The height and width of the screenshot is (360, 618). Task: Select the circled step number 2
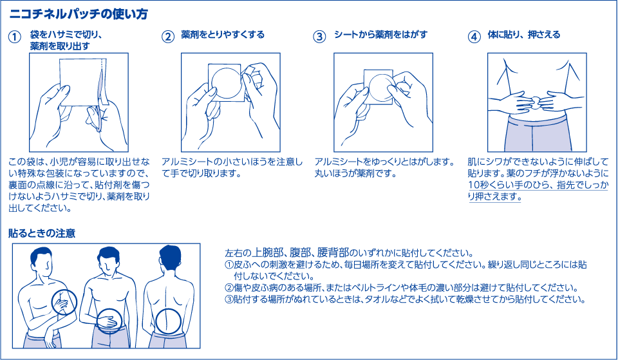click(167, 37)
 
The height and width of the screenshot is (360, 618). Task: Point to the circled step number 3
click(319, 37)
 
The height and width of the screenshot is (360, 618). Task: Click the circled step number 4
click(474, 37)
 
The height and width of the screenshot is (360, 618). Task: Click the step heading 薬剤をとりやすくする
click(223, 34)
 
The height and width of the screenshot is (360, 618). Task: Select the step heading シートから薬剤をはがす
click(380, 34)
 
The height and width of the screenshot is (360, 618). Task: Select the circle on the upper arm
click(64, 301)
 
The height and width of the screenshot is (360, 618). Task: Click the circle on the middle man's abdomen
click(111, 321)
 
